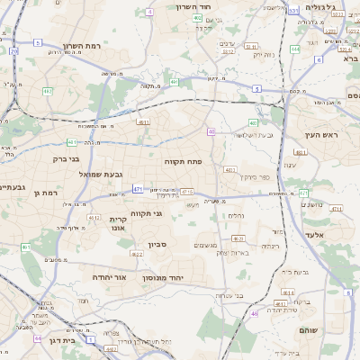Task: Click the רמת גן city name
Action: point(43,192)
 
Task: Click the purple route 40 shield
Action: point(211,131)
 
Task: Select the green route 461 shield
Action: point(26,247)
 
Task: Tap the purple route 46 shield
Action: point(255,313)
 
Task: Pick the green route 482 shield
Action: point(48,91)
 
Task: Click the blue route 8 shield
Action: point(347,292)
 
